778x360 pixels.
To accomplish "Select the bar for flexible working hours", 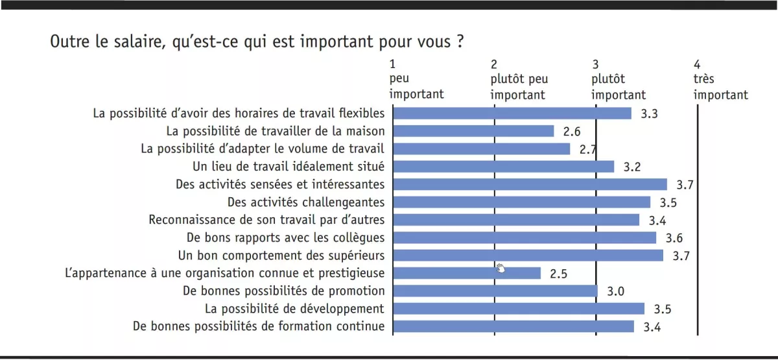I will click(x=512, y=114).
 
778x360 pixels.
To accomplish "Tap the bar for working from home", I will click(x=474, y=131).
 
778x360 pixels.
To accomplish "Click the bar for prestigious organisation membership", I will click(x=467, y=273).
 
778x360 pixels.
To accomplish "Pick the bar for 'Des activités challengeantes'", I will click(x=522, y=202).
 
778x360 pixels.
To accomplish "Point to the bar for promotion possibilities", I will click(x=495, y=291).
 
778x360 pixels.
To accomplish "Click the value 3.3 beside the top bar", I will click(x=650, y=114).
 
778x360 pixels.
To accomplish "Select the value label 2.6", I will click(x=571, y=132).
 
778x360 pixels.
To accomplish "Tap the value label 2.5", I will click(x=558, y=274).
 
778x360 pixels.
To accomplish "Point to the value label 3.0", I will click(x=615, y=291).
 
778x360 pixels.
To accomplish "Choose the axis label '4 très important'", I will click(x=720, y=80).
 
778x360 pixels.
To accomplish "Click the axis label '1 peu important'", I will click(x=416, y=80).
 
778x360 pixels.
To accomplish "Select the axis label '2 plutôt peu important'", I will click(x=519, y=80).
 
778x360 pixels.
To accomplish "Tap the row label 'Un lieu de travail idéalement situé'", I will click(x=289, y=167).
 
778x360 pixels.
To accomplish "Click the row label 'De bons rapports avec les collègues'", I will click(x=285, y=237).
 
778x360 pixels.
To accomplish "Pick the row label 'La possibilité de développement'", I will click(x=294, y=308).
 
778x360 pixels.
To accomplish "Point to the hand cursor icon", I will click(x=501, y=269).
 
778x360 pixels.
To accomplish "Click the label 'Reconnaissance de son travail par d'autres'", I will click(x=266, y=220).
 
